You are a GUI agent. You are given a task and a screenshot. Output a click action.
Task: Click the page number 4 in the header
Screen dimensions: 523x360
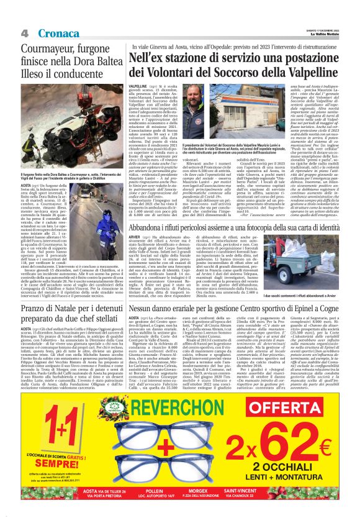[24, 32]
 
